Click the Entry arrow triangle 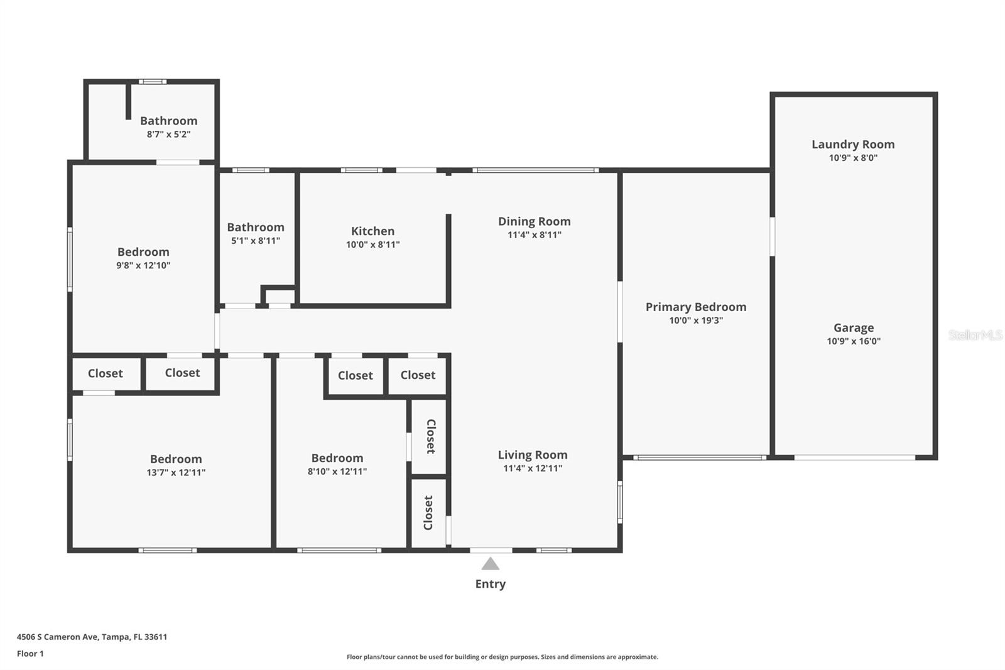pos(491,564)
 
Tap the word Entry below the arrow pos(491,584)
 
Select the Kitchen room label pos(373,231)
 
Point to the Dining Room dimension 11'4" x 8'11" pos(535,235)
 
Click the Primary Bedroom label pos(696,307)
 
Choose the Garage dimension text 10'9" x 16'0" pos(854,341)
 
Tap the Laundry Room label pos(853,145)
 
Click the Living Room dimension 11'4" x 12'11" pos(533,468)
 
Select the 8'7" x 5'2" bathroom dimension pos(169,135)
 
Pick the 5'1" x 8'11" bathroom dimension pos(256,241)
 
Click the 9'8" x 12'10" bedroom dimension pos(143,265)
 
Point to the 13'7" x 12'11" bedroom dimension pos(176,473)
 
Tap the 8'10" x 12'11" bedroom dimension pos(337,471)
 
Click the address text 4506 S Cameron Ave pos(57,637)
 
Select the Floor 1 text pos(31,654)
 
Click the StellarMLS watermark pos(975,334)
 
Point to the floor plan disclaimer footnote pos(503,657)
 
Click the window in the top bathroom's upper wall pos(153,82)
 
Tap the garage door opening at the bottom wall pos(855,458)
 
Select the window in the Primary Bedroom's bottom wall pos(700,458)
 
